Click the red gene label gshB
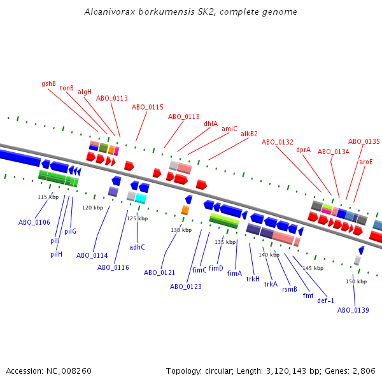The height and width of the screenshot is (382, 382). click(49, 83)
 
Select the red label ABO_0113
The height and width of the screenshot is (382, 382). click(112, 99)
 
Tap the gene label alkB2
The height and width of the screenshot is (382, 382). click(249, 134)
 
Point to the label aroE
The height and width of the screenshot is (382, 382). click(366, 162)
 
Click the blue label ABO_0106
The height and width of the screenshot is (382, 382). click(34, 222)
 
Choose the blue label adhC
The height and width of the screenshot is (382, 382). click(137, 247)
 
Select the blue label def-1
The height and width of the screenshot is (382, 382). click(325, 301)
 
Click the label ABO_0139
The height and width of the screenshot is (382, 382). click(353, 310)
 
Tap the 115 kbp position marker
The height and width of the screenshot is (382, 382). click(48, 197)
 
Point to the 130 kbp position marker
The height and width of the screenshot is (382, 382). click(181, 230)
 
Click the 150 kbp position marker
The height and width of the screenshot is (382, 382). click(357, 281)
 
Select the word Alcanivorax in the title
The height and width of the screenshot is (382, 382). click(106, 12)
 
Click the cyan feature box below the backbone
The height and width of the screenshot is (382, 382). click(141, 199)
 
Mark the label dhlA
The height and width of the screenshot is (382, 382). click(211, 124)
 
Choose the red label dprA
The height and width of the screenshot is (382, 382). click(304, 150)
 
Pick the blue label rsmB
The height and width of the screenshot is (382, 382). click(290, 289)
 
